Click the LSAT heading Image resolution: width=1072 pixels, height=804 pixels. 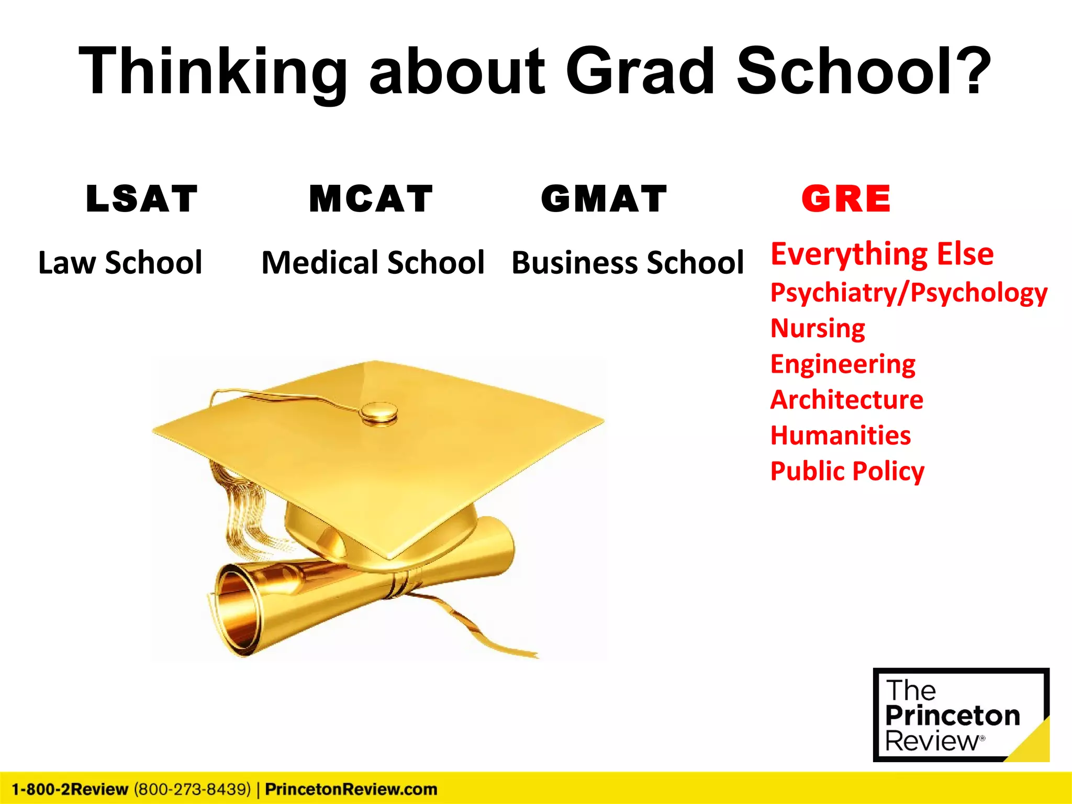click(x=142, y=199)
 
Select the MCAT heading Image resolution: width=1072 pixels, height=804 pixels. click(x=371, y=199)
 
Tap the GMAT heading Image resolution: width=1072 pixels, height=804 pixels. click(x=604, y=199)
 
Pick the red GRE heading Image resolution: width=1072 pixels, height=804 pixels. click(x=846, y=199)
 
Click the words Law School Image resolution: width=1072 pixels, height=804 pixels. click(x=120, y=262)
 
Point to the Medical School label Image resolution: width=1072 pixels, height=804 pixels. click(x=373, y=262)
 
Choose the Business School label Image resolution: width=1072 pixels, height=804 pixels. click(x=627, y=262)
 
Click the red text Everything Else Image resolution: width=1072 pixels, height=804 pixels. click(x=882, y=254)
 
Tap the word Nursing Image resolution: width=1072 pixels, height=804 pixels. click(x=818, y=328)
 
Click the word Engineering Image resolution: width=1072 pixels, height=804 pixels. click(x=843, y=364)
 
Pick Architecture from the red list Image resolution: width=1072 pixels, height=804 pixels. click(x=847, y=399)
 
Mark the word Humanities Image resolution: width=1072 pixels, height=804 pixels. click(x=841, y=435)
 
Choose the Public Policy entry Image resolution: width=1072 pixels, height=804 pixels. click(x=847, y=471)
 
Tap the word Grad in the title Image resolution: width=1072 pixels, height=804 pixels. click(x=640, y=71)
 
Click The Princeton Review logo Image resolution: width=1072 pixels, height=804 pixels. click(x=961, y=714)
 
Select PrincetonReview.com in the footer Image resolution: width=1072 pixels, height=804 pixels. click(x=351, y=789)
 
